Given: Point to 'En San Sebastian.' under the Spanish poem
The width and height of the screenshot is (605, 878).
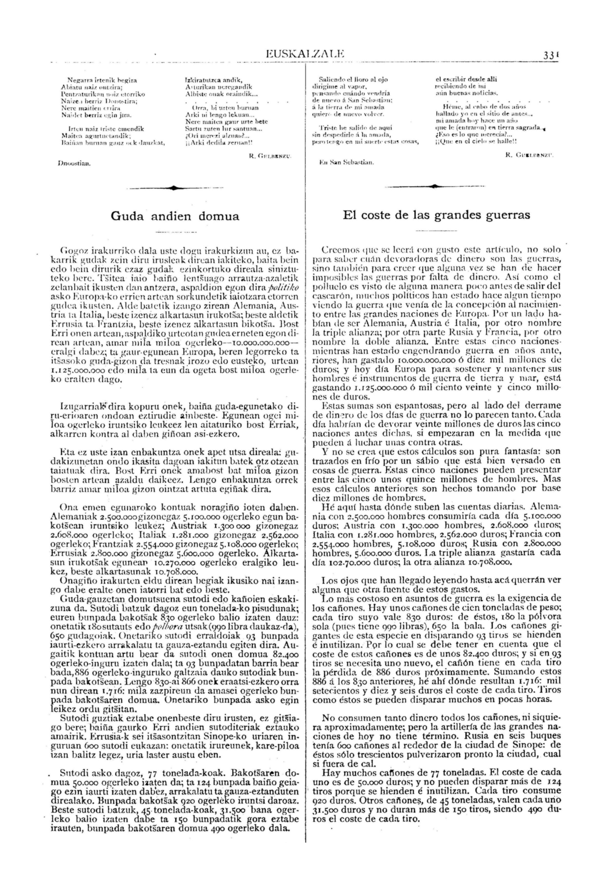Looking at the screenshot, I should coord(347,163).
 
